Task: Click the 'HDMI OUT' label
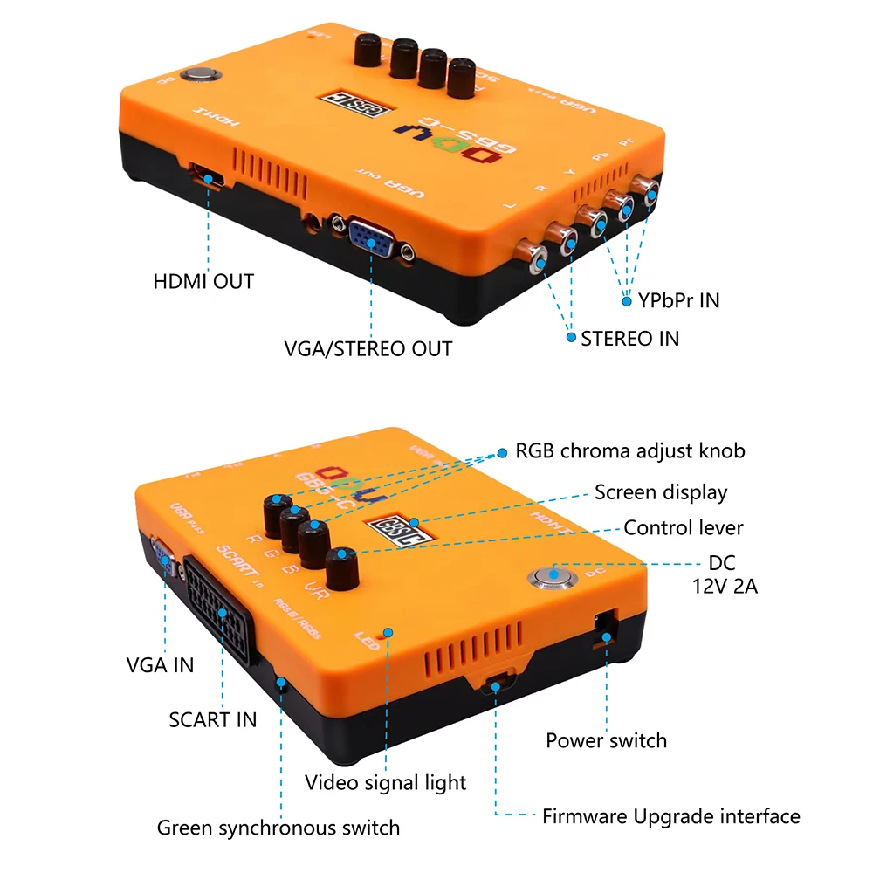tap(203, 281)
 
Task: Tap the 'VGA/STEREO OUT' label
tap(368, 349)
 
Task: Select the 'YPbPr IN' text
tap(678, 301)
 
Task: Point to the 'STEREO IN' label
tap(629, 338)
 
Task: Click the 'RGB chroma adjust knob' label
tap(630, 451)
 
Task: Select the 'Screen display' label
tap(661, 492)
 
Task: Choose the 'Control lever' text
tap(683, 528)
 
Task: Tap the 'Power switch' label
tap(606, 741)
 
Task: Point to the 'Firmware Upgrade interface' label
tap(670, 817)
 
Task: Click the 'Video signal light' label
tap(385, 782)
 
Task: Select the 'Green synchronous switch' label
tap(278, 828)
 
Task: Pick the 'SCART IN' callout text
tap(212, 719)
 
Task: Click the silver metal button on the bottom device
tap(552, 575)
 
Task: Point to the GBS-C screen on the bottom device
tap(393, 527)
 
